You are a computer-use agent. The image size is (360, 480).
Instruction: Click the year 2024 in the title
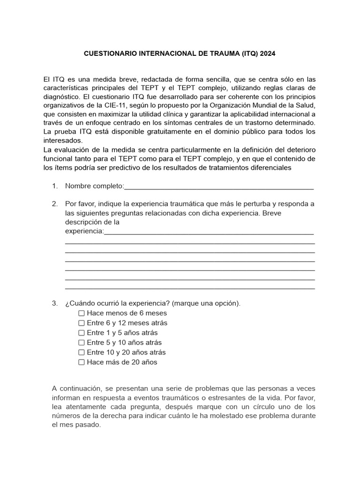(x=267, y=54)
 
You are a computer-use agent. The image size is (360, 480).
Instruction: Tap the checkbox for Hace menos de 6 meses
(x=82, y=313)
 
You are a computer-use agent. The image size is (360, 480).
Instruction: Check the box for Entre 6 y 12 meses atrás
(x=82, y=323)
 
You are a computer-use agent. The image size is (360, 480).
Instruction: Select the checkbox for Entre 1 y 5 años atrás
(x=82, y=333)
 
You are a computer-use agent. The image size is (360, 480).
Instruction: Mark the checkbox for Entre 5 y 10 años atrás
(x=82, y=343)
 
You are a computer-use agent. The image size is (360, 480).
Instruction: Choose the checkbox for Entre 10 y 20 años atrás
(x=82, y=352)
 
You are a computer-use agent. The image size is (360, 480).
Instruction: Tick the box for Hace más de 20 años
(x=82, y=362)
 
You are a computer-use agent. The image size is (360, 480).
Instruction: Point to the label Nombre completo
(x=94, y=187)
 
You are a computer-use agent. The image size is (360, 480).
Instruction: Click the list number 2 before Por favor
(x=55, y=204)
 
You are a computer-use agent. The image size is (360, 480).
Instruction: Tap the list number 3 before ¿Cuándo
(x=55, y=303)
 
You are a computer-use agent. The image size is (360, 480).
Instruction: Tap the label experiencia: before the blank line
(x=84, y=232)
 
